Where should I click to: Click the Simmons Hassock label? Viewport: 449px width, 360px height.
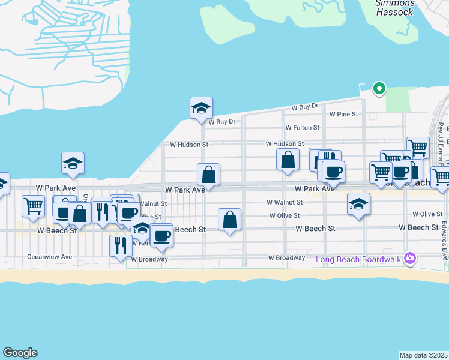[394, 7]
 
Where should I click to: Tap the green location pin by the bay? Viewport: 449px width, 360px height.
[379, 89]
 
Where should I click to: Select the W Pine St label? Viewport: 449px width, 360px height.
[343, 114]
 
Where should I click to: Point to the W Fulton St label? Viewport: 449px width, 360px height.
[302, 128]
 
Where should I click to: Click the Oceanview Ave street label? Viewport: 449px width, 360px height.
[49, 256]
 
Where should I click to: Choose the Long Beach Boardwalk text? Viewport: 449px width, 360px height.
[360, 259]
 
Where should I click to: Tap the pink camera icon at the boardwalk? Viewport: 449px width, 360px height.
[411, 259]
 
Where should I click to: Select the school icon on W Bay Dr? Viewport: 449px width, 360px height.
[201, 109]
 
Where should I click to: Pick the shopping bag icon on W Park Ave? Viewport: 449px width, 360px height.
[208, 175]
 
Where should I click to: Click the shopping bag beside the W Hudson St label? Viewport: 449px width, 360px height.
[288, 160]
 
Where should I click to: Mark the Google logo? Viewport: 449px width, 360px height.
[20, 353]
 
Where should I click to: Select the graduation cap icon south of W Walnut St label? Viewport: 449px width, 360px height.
[358, 205]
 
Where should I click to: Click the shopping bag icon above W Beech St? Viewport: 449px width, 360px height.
[229, 220]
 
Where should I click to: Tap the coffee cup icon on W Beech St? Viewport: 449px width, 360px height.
[161, 236]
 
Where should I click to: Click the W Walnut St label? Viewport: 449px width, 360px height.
[285, 203]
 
